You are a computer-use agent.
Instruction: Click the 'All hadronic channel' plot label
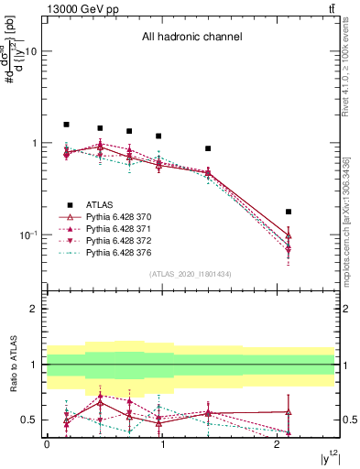(x=191, y=38)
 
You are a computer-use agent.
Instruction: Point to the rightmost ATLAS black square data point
(x=289, y=212)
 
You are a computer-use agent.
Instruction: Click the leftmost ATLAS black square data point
(x=66, y=125)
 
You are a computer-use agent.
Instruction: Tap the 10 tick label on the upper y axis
(x=30, y=51)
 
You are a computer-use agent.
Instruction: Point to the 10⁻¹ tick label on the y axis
(x=27, y=234)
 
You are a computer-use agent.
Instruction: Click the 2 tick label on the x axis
(x=277, y=443)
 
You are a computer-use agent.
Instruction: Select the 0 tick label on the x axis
(x=47, y=443)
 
